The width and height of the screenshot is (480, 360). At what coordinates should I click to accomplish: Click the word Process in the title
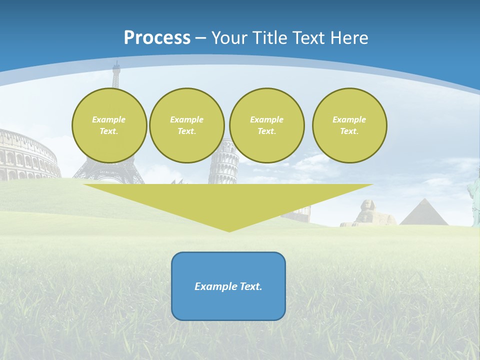pos(157,38)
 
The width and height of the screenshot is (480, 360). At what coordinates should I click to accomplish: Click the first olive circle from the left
pos(109,125)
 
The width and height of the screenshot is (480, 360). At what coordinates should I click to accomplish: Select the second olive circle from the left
pos(187,125)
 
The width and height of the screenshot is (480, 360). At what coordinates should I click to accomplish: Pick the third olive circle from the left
pos(267,125)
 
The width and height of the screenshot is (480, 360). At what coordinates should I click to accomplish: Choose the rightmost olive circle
pos(349,125)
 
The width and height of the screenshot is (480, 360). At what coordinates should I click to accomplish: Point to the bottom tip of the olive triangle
pos(229,231)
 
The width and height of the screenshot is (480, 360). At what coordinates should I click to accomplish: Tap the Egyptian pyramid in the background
pos(424,214)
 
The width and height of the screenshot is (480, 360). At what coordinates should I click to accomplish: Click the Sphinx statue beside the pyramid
pos(370,212)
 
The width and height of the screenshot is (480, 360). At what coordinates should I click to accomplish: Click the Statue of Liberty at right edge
pos(473,197)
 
